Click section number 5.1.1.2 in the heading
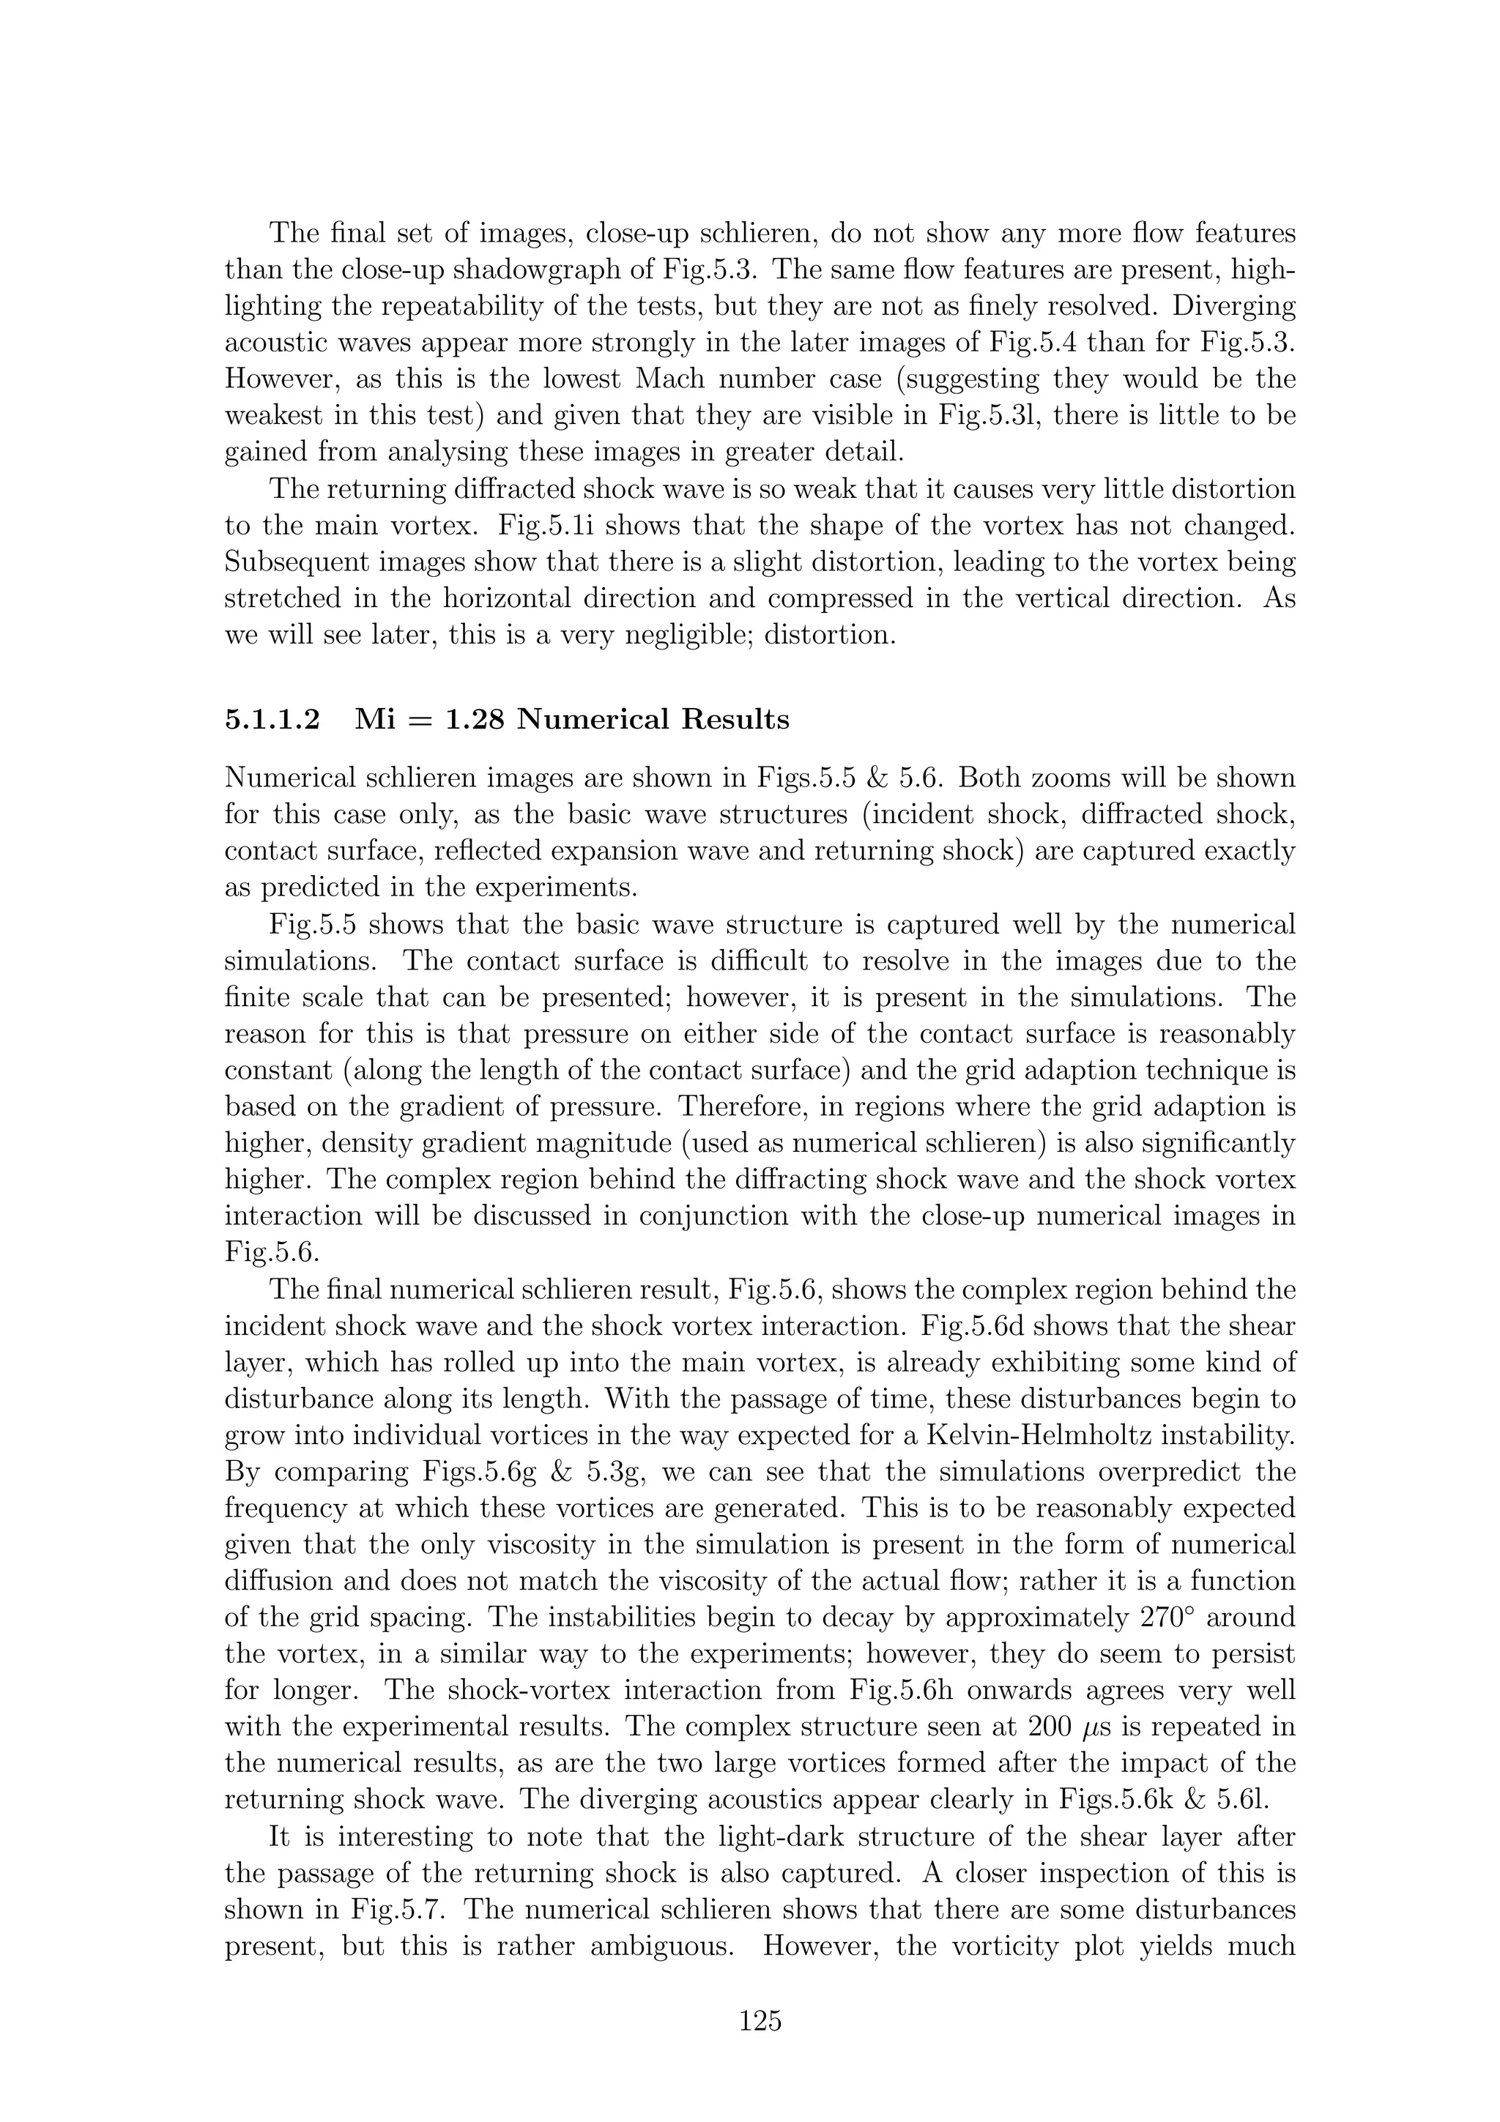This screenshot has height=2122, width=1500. pyautogui.click(x=272, y=719)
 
